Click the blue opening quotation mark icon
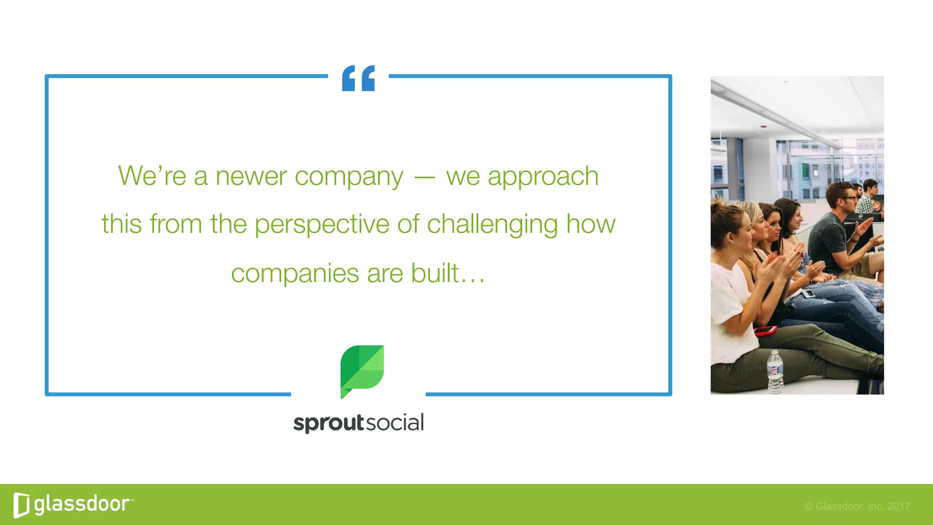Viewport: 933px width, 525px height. point(359,78)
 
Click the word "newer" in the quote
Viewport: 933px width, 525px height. point(251,176)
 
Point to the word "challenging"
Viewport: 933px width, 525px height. point(492,225)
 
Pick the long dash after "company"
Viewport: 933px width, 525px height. point(424,177)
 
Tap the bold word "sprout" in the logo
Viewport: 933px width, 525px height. point(328,423)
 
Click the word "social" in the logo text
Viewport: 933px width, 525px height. point(395,422)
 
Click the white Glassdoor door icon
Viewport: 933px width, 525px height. point(21,505)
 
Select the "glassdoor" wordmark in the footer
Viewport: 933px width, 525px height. point(82,504)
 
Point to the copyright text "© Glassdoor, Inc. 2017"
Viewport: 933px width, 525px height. point(857,506)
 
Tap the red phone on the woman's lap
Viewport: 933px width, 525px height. point(766,330)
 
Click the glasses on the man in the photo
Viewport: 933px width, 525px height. point(848,198)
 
